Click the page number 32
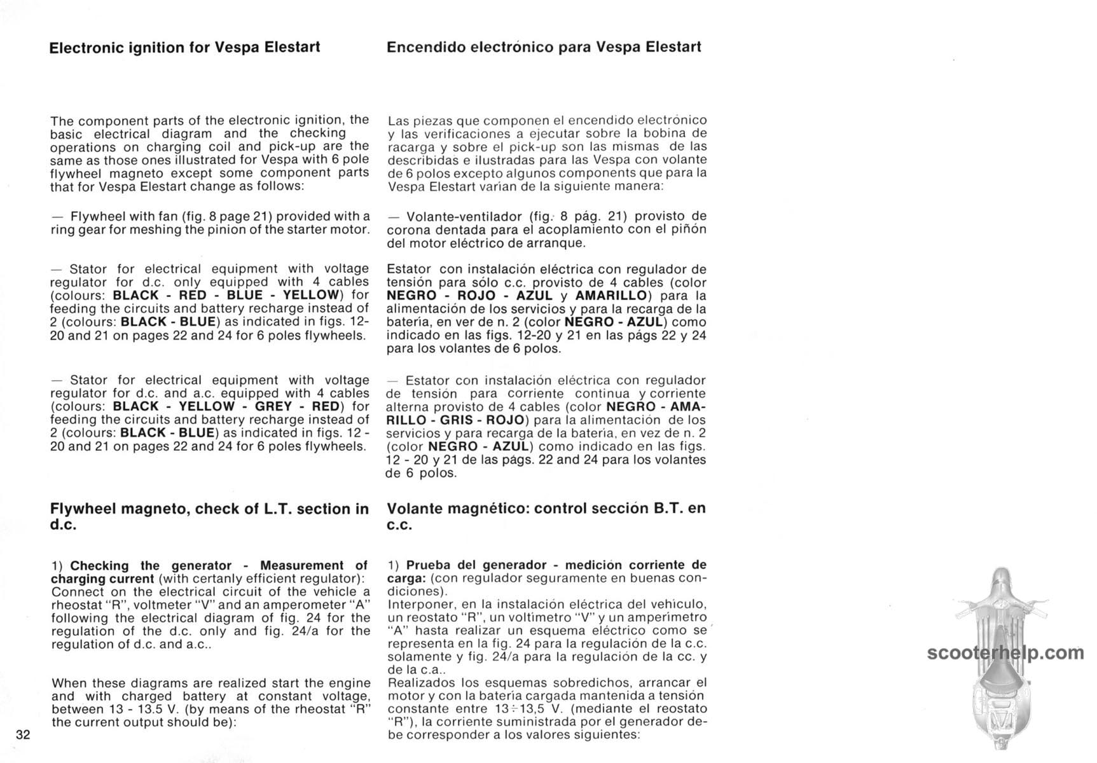pos(23,735)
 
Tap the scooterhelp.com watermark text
pos(1005,653)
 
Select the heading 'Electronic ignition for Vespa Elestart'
pos(184,47)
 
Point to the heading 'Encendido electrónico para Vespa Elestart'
pos(544,47)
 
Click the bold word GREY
pos(273,406)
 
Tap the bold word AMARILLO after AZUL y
pos(610,296)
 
